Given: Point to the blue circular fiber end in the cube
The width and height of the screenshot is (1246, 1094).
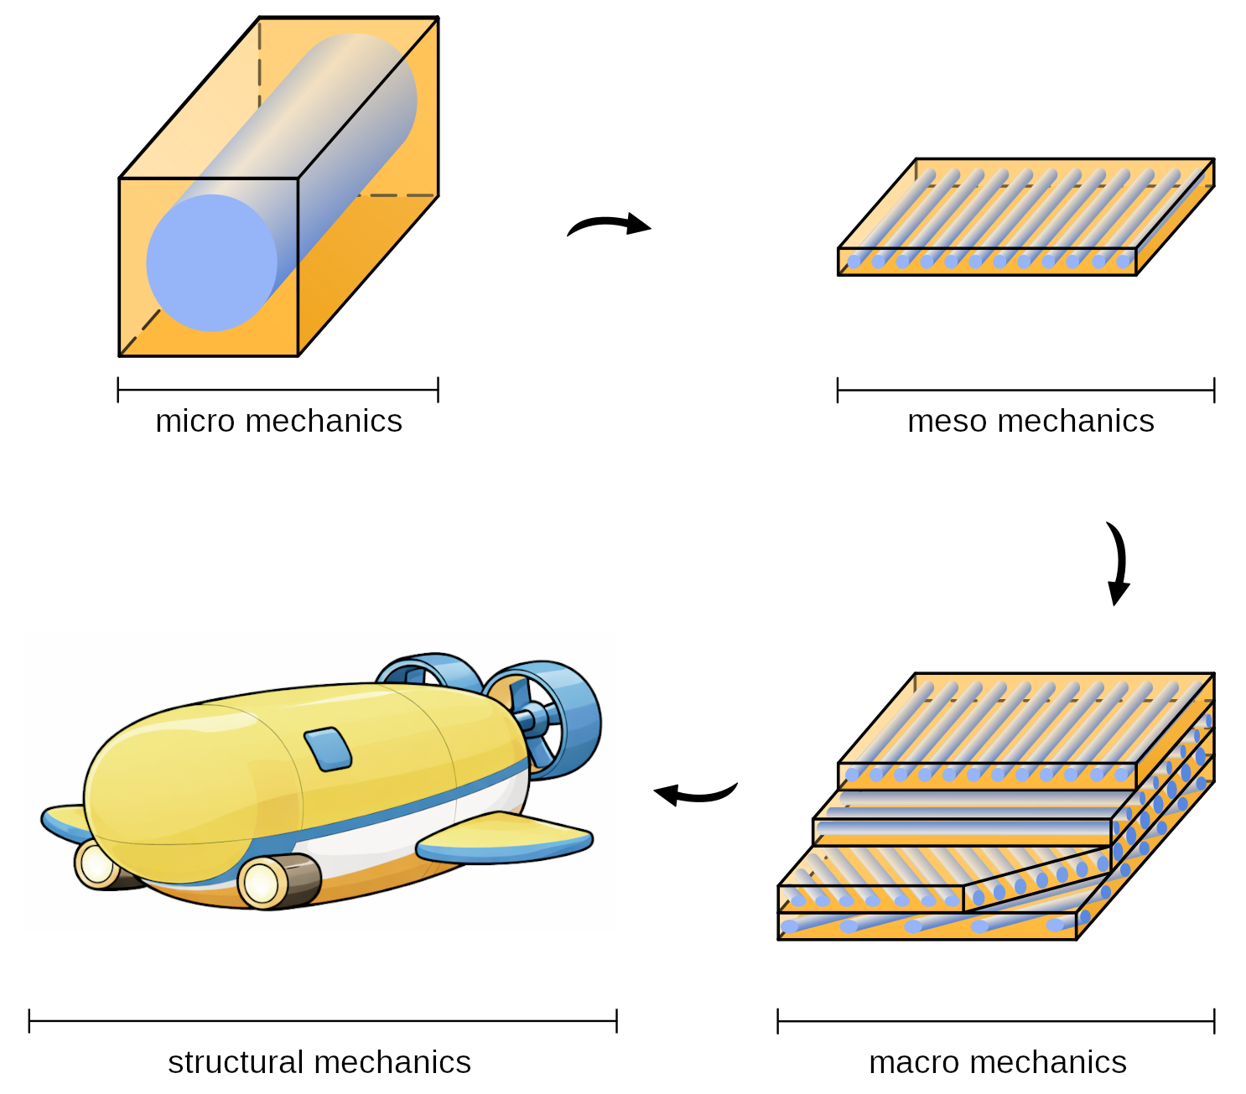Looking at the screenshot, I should [211, 263].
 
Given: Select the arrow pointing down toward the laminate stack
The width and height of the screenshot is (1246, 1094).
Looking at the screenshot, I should [1118, 563].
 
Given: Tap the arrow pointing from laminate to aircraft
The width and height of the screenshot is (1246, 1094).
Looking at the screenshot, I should [695, 791].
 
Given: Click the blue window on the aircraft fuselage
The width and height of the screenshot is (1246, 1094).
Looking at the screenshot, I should [328, 749].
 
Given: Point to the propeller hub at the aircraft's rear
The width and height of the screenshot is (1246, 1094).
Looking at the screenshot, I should [528, 719].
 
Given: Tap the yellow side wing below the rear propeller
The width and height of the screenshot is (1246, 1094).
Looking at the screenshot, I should [503, 839].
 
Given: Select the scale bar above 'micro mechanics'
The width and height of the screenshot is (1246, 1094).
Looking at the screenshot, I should [278, 390].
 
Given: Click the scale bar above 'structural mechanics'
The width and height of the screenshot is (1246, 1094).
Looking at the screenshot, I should [323, 1021].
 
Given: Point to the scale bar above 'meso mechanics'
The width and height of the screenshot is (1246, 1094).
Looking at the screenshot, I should [1025, 390].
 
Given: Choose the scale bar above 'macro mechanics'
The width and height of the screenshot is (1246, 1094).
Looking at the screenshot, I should [995, 1022].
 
